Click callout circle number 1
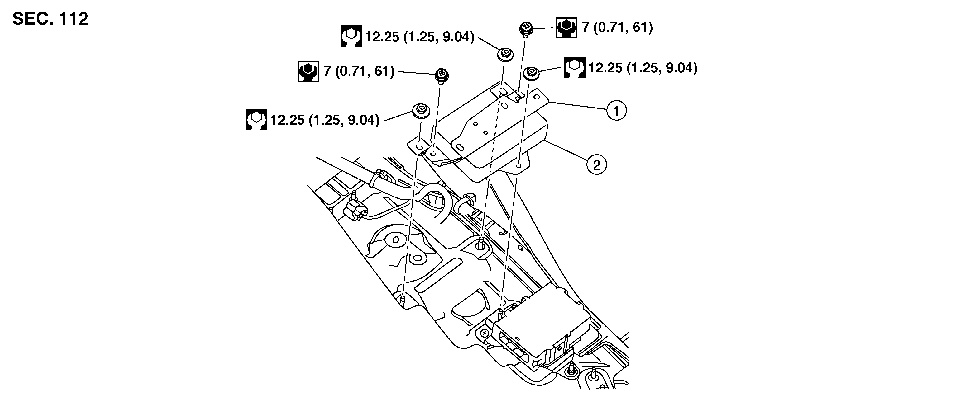(x=616, y=111)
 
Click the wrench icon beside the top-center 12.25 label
(x=351, y=36)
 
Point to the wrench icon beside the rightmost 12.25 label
(x=574, y=67)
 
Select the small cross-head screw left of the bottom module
(x=485, y=332)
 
